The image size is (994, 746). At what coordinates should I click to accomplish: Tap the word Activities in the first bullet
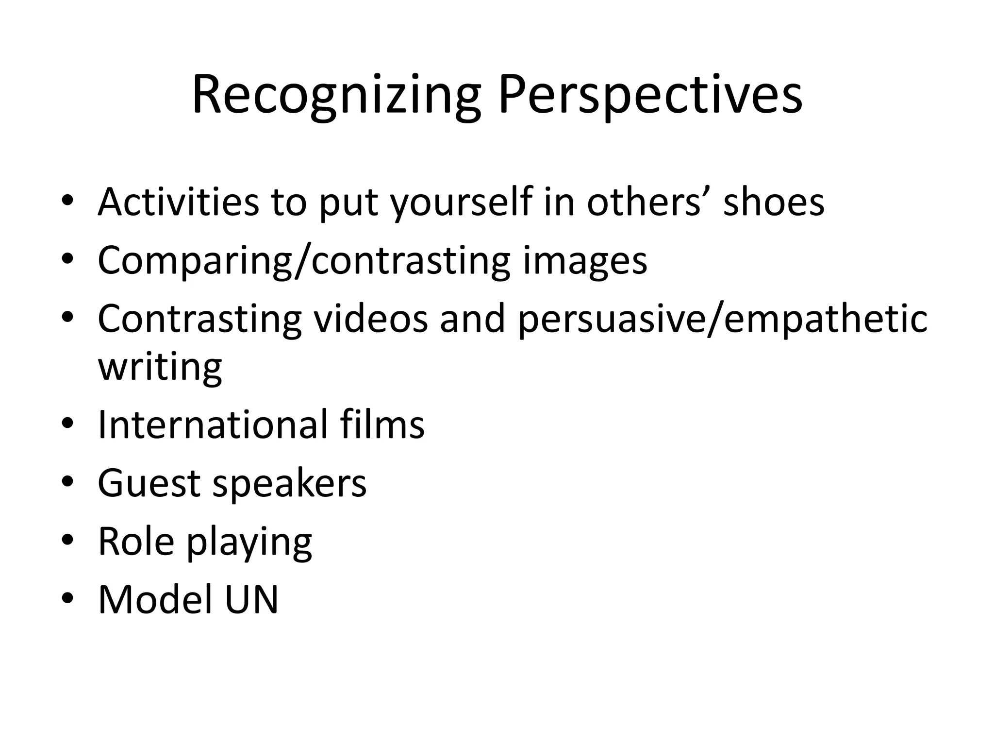pos(178,202)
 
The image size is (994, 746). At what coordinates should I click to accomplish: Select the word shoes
pos(774,202)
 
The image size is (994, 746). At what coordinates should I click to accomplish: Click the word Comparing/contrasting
pos(304,261)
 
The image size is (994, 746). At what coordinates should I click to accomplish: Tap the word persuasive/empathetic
pos(723,320)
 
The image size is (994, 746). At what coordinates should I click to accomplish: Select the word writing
pos(160,368)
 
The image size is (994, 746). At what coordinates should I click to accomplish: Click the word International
pos(213,424)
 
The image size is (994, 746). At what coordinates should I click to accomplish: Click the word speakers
pos(290,484)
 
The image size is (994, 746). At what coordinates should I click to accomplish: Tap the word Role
pos(136,541)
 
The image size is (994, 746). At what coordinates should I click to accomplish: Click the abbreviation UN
pos(252,599)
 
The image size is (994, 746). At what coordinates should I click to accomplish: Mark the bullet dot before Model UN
pos(67,598)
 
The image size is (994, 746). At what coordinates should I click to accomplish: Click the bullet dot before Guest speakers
pos(67,482)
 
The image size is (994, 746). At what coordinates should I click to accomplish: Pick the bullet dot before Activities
pos(67,200)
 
